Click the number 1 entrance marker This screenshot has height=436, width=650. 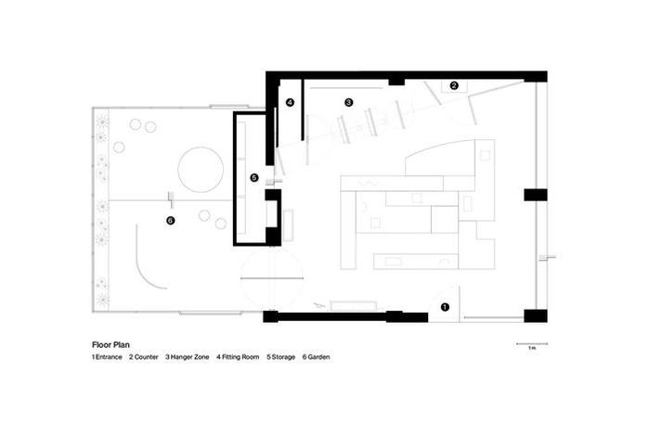445,307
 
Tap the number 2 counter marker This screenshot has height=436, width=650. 454,85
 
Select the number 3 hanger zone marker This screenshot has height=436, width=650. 348,102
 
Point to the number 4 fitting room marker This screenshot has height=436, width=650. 290,102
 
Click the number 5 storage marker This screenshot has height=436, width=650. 254,177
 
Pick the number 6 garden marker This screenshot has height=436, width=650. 170,221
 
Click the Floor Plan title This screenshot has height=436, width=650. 110,344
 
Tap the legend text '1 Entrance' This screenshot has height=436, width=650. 107,357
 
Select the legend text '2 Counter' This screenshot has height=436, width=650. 144,357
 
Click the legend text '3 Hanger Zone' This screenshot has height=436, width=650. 188,357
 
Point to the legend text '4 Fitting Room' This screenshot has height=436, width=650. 238,357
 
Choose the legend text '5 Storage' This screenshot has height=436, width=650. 281,357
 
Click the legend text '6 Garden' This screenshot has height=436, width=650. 317,357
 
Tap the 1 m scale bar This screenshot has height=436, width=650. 532,343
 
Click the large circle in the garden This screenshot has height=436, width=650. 201,170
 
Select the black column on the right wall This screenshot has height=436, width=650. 536,195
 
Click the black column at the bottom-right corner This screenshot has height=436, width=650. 536,316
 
